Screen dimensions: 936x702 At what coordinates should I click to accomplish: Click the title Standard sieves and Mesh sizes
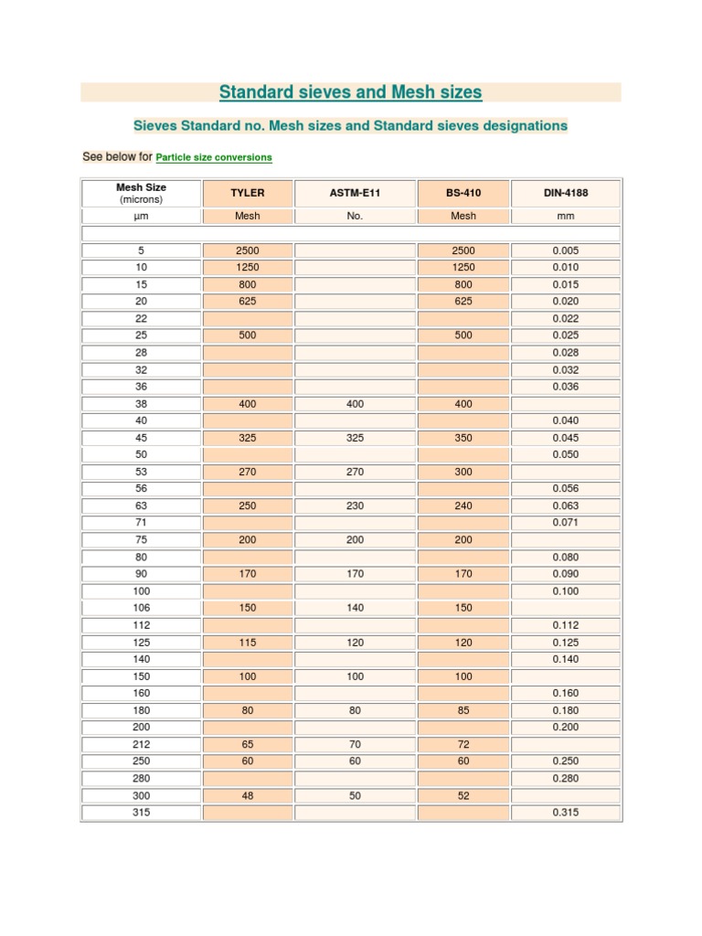350,92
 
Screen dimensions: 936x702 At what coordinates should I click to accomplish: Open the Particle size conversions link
214,157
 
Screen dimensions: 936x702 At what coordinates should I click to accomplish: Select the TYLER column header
248,194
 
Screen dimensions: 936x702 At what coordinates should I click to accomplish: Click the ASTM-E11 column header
356,194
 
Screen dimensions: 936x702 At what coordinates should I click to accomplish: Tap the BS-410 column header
463,194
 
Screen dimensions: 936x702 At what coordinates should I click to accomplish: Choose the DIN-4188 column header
566,194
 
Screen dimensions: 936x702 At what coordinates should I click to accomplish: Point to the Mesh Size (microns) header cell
142,193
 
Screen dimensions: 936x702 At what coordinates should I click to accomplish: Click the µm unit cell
142,217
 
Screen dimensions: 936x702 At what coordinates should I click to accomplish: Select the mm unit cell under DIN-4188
566,217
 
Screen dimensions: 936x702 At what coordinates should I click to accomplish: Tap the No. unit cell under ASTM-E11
356,217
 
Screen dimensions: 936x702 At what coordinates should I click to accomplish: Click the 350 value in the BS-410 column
463,438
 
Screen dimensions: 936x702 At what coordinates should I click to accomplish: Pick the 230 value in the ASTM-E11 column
356,505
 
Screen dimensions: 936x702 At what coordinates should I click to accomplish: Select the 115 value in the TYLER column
248,643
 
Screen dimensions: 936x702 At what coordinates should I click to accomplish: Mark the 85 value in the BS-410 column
463,710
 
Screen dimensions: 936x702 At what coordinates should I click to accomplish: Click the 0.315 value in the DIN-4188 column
566,813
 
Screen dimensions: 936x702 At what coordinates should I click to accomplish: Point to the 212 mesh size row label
142,745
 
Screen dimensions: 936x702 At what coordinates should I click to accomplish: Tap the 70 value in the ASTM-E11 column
356,745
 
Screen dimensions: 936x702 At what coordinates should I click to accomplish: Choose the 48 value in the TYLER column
248,796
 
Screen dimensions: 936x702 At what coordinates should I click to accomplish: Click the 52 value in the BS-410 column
463,796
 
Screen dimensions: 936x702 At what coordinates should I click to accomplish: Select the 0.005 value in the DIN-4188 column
566,250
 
